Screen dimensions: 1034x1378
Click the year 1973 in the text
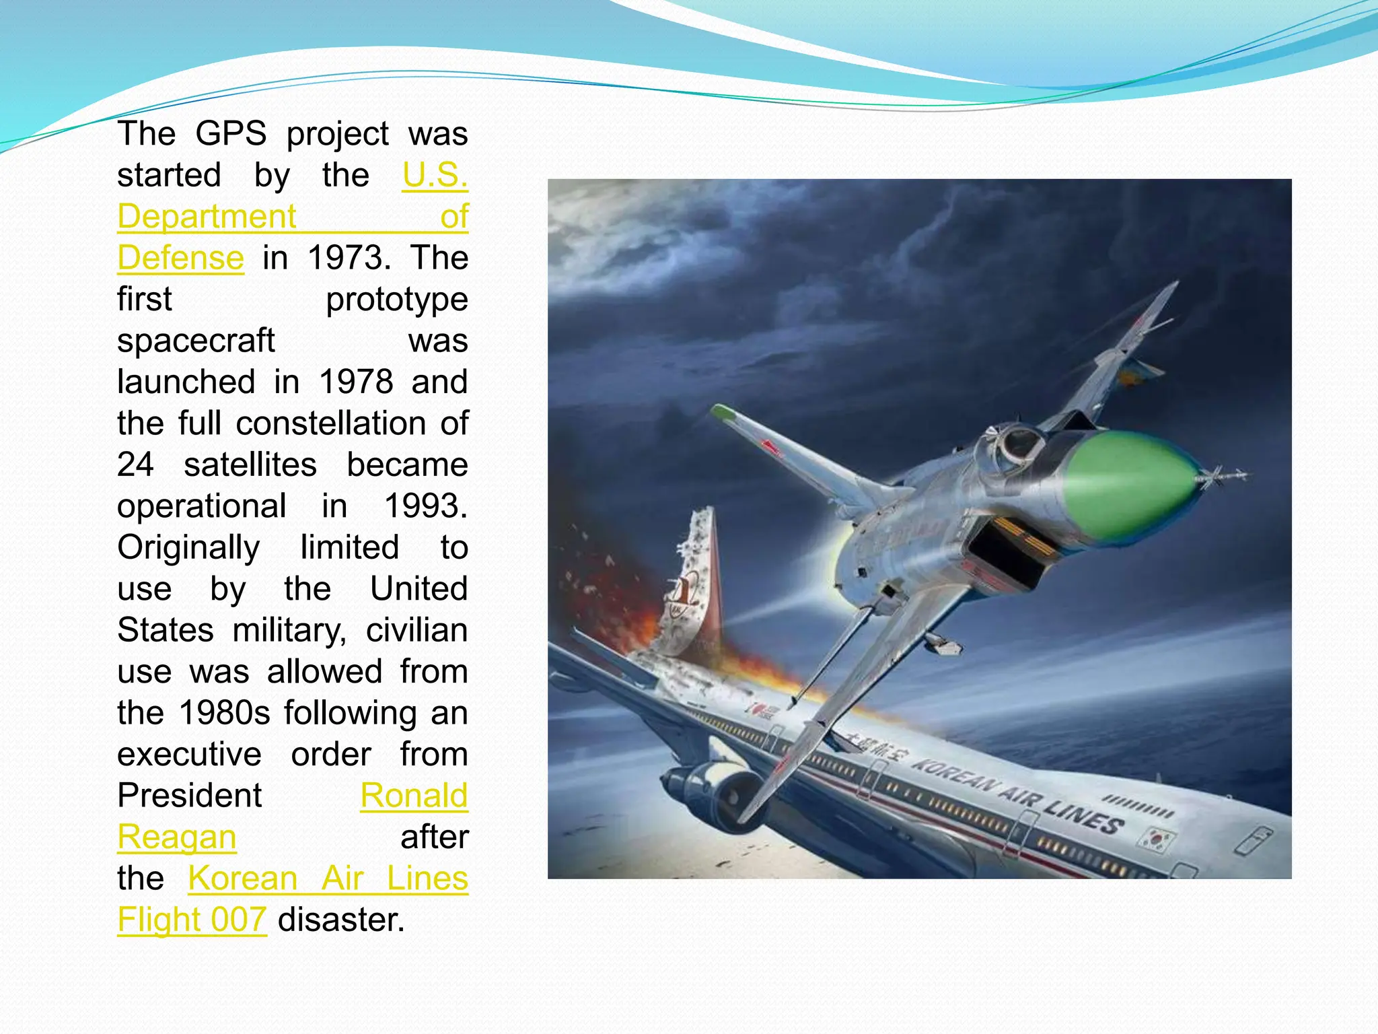click(x=349, y=258)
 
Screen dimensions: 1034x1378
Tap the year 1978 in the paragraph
click(x=355, y=382)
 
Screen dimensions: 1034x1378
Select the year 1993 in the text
click(x=425, y=506)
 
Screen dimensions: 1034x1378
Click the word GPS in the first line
click(x=231, y=133)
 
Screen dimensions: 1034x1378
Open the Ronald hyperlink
click(x=414, y=796)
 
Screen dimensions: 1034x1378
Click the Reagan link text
click(x=176, y=837)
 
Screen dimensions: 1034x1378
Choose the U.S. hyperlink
click(x=435, y=175)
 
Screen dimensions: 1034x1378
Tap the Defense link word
click(x=180, y=258)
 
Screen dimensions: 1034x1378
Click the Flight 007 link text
click(x=192, y=920)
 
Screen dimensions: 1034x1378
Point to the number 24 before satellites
click(x=135, y=465)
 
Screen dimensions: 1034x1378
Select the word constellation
click(x=330, y=423)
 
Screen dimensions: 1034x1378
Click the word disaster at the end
click(x=341, y=920)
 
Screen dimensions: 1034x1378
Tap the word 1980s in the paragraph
click(x=225, y=713)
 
